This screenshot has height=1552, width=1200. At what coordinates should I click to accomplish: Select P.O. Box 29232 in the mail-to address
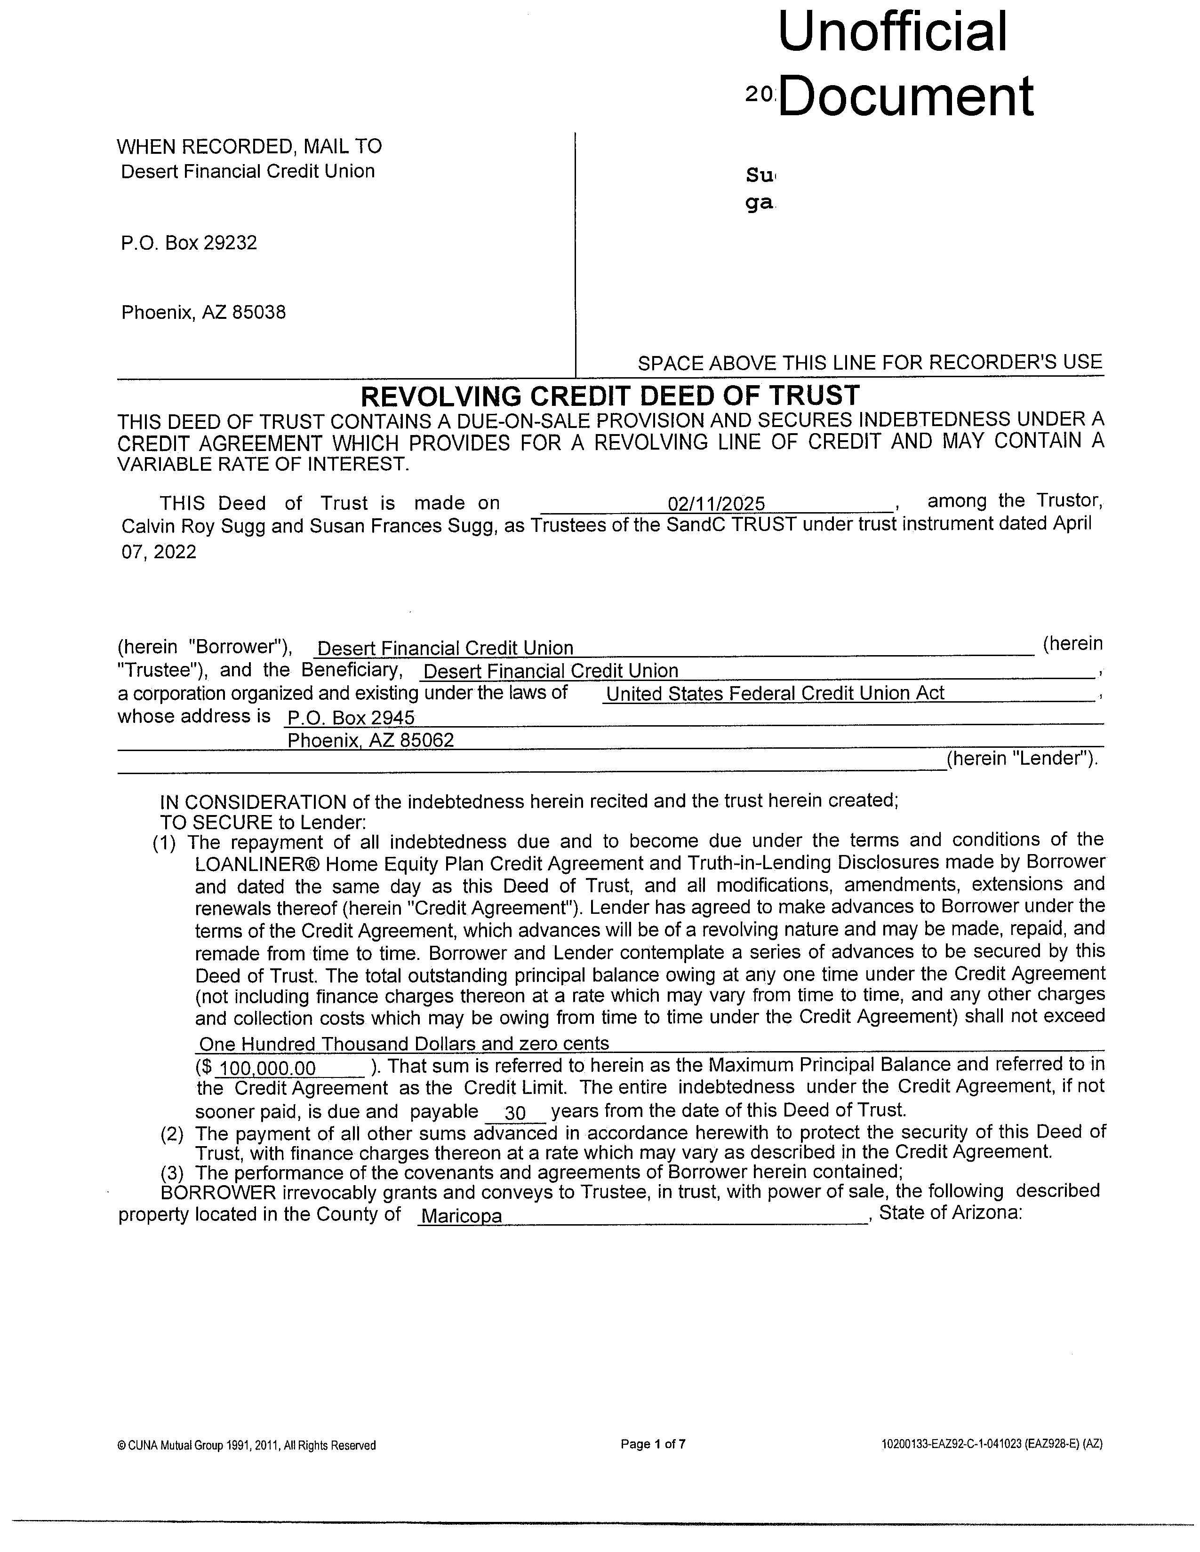click(x=189, y=243)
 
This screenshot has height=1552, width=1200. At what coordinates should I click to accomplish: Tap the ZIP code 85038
click(x=259, y=313)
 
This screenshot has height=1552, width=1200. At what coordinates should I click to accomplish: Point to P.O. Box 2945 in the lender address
click(x=351, y=718)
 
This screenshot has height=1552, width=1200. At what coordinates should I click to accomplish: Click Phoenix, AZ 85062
click(x=370, y=740)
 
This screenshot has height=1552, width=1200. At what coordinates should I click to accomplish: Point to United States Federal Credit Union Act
click(x=775, y=694)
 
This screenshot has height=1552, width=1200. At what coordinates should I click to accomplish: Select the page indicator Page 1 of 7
click(x=653, y=1444)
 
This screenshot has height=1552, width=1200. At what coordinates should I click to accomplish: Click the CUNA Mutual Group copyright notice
click(x=246, y=1445)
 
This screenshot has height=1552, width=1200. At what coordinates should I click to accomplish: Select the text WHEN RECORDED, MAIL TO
click(x=249, y=147)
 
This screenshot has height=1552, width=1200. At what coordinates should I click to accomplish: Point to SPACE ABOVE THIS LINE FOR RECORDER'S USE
click(x=870, y=363)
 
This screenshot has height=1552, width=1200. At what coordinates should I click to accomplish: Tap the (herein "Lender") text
click(x=1022, y=758)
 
